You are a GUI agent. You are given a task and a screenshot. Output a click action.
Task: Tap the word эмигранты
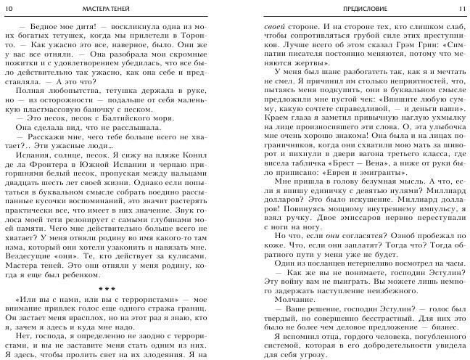(381, 195)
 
